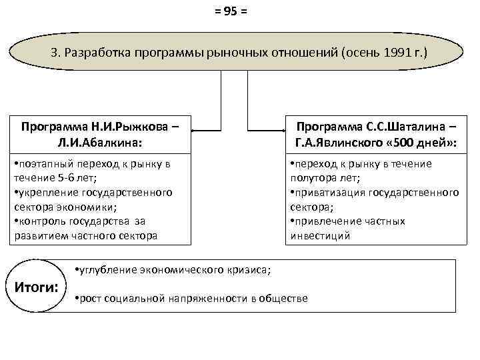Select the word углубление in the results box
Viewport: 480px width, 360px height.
[x=108, y=269]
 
